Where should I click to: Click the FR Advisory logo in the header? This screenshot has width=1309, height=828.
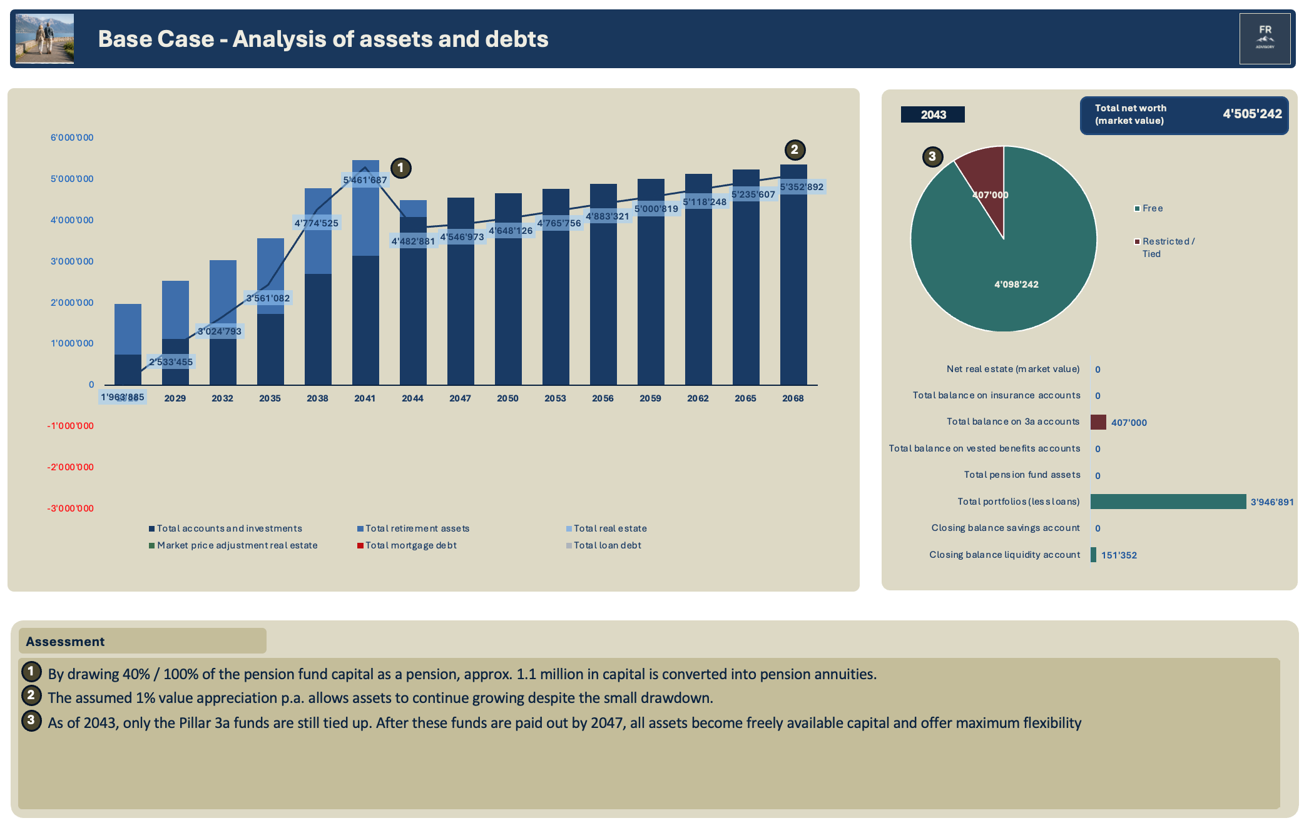click(x=1265, y=38)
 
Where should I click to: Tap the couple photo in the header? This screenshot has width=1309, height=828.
click(x=44, y=38)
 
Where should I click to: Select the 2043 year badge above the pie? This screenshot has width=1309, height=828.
click(x=932, y=114)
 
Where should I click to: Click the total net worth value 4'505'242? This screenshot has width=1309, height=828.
click(x=1252, y=114)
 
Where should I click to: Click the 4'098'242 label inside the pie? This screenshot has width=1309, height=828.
click(x=1016, y=285)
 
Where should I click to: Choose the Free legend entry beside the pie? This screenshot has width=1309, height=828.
click(x=1149, y=208)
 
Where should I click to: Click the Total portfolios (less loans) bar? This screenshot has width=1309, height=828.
click(x=1168, y=502)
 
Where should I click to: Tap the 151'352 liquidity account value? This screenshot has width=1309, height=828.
click(x=1119, y=555)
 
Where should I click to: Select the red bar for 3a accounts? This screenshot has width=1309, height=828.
click(x=1098, y=422)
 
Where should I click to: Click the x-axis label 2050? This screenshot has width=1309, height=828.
click(x=507, y=398)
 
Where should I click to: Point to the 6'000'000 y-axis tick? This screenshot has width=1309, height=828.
click(x=72, y=138)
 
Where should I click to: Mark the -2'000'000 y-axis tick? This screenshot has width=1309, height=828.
click(x=70, y=467)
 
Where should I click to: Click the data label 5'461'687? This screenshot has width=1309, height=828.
click(x=365, y=180)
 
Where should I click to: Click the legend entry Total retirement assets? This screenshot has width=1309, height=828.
click(x=413, y=528)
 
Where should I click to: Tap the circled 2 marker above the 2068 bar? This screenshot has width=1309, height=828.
click(x=795, y=149)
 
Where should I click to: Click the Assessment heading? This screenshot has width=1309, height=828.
click(x=65, y=642)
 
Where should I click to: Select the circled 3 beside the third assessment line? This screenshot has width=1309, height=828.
click(x=31, y=720)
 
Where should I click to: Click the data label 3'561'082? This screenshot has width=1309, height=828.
click(x=268, y=298)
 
